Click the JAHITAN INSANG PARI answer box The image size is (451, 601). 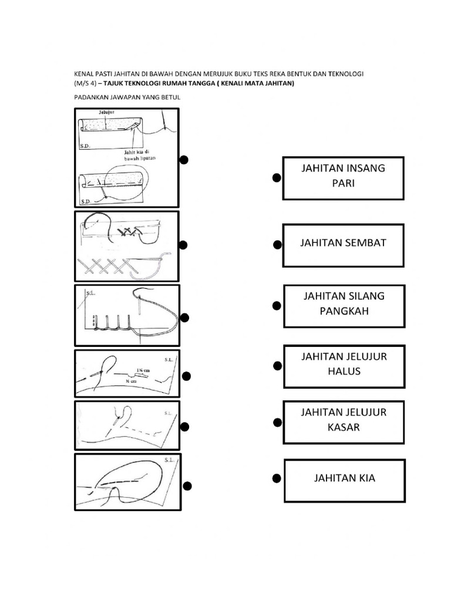click(343, 178)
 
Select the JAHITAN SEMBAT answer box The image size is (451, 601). click(343, 243)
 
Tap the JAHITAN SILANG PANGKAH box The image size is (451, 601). click(344, 306)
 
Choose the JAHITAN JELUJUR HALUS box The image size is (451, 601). click(344, 366)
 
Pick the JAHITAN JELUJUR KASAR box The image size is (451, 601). click(344, 422)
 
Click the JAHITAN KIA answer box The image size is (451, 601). click(344, 481)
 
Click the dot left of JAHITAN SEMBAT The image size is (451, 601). click(277, 244)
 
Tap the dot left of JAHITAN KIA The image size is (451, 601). click(275, 480)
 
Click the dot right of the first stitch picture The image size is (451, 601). click(184, 160)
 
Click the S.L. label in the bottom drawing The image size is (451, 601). click(170, 461)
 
